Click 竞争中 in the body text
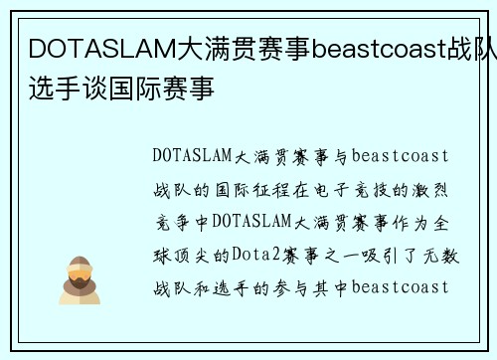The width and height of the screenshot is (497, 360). tap(182, 222)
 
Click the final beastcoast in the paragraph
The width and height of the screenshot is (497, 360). tap(401, 287)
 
